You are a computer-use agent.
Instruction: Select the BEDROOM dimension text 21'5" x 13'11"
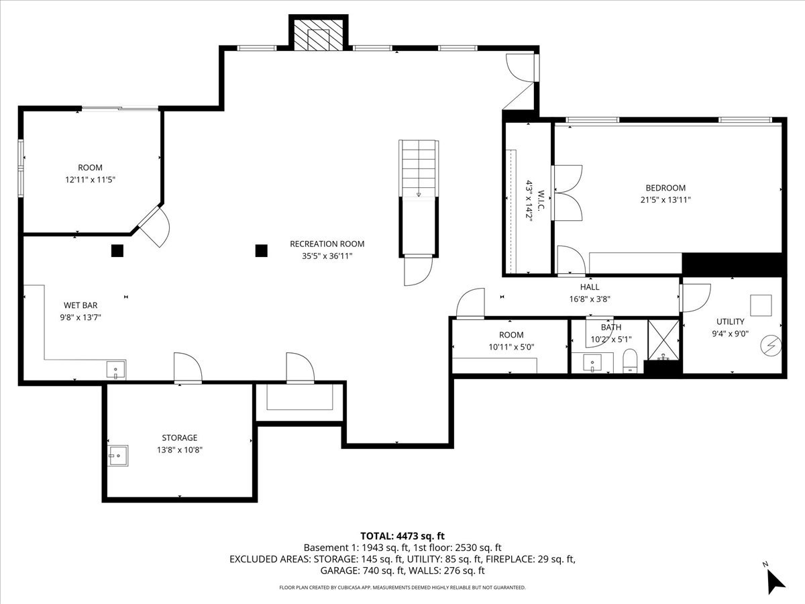665,199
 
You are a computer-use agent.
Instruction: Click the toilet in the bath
629,360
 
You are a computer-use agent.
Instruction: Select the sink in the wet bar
115,370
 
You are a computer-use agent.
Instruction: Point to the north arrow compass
775,579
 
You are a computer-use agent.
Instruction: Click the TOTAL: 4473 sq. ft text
402,536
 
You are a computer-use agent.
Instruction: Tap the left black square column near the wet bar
117,251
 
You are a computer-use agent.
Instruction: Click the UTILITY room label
730,321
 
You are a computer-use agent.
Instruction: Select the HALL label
590,287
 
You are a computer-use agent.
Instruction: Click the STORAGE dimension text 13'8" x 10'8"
179,450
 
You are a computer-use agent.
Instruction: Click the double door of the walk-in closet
567,193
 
